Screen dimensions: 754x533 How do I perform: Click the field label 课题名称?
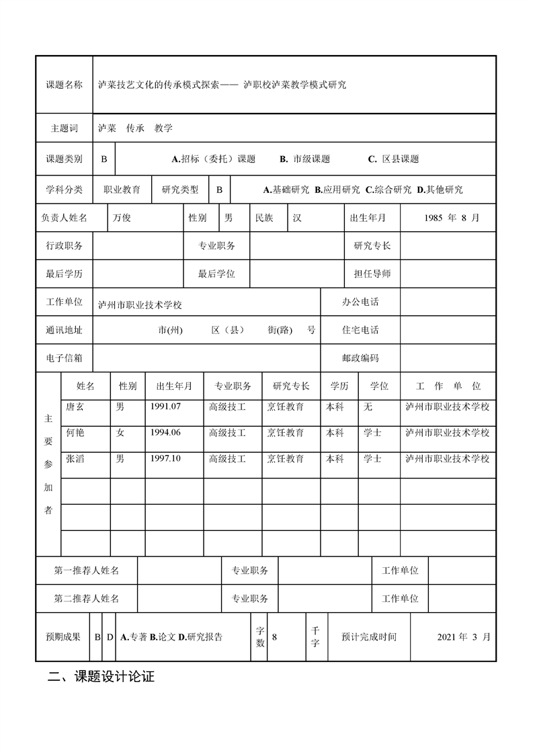[64, 85]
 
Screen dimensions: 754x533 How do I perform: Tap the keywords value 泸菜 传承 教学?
[135, 128]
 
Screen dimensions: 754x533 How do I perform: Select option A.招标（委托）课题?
[214, 159]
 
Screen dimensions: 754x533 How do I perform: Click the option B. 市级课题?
[305, 159]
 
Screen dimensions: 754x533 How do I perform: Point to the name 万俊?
[122, 218]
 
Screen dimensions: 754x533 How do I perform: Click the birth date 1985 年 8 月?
[452, 218]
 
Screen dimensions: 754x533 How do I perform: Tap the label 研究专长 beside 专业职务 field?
[372, 246]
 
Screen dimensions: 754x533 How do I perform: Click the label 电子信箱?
[64, 358]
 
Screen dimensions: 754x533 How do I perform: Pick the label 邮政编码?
[360, 358]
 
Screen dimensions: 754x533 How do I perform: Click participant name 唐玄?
[75, 407]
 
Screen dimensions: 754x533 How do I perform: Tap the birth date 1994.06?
[165, 433]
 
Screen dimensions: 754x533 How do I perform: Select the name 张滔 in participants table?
[75, 459]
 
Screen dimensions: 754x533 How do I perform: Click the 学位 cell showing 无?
[368, 407]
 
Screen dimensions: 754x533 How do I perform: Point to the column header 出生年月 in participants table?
[174, 386]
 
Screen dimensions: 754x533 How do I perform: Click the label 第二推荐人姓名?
[87, 598]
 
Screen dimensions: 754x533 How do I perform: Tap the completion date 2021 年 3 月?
[464, 636]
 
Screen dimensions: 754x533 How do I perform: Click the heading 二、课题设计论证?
[101, 677]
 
